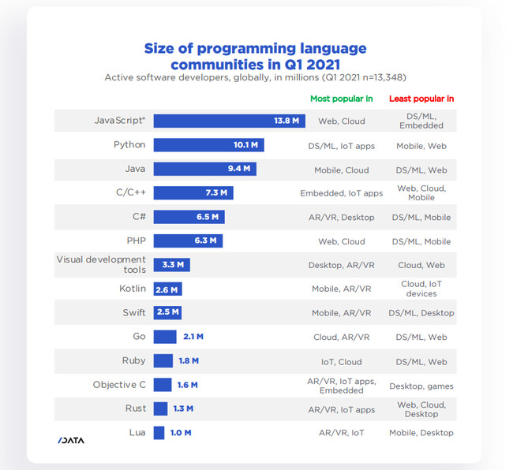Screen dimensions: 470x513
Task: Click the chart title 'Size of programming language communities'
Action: tap(255, 56)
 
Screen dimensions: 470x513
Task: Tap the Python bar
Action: tap(208, 145)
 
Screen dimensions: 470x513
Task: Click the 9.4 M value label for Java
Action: tap(239, 169)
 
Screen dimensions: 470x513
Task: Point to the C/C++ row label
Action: tap(130, 192)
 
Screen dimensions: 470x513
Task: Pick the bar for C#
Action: tap(189, 217)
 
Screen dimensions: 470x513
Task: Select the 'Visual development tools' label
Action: tap(101, 264)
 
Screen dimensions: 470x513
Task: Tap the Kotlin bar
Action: tap(167, 289)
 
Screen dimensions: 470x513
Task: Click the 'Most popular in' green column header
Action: tap(342, 99)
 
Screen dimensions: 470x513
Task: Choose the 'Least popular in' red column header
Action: tap(421, 99)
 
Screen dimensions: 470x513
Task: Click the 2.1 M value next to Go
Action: tap(193, 337)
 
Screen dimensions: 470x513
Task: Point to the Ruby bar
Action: tap(163, 361)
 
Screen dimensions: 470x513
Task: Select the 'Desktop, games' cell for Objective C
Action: tap(421, 386)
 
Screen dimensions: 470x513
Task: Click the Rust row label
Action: tap(135, 408)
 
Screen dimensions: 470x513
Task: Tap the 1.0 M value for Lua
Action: tap(181, 433)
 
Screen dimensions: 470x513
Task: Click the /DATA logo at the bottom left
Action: tap(70, 440)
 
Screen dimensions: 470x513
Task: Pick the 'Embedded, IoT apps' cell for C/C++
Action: tap(341, 193)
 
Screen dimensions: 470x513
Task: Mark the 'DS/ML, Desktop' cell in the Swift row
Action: tap(421, 313)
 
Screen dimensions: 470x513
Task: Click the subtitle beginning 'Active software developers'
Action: tap(255, 77)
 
